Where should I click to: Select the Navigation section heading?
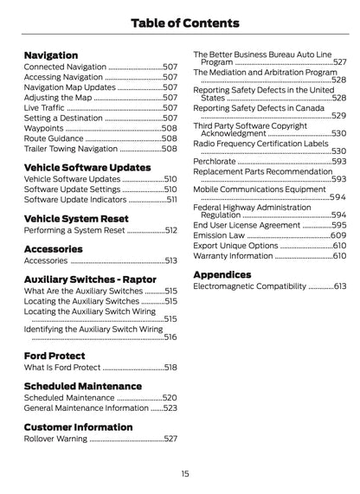tap(50, 55)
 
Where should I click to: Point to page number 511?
tap(171, 199)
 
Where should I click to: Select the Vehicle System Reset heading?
tap(75, 219)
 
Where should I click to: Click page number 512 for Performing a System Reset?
tap(170, 231)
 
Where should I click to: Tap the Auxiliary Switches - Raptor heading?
tap(91, 279)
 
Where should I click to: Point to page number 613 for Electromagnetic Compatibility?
tap(339, 286)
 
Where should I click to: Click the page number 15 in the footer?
tap(184, 473)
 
